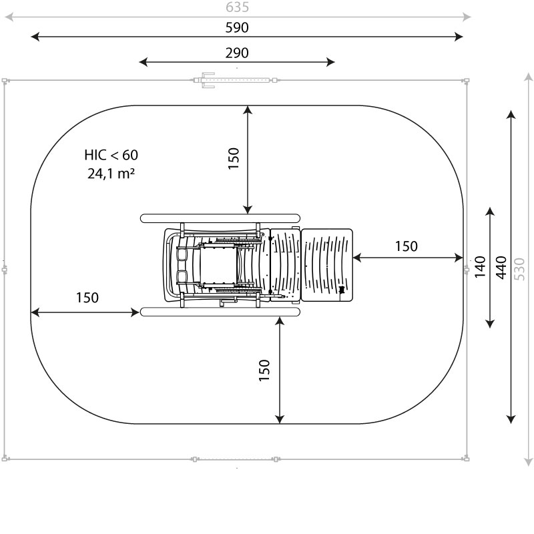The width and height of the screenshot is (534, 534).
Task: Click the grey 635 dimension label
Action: click(x=238, y=7)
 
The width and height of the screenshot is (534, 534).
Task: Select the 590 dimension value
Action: click(x=237, y=27)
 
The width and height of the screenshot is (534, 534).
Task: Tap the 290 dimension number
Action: click(x=237, y=53)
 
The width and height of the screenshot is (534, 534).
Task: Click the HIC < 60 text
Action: click(x=111, y=155)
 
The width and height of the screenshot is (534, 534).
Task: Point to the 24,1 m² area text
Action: click(x=111, y=174)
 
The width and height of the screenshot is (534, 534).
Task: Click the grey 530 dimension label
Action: click(x=520, y=269)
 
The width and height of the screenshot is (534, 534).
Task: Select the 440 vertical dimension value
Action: click(x=501, y=268)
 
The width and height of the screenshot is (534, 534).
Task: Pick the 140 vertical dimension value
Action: click(x=480, y=266)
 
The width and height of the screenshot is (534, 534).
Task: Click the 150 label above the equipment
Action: click(x=234, y=158)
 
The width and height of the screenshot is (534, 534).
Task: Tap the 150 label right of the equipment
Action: click(x=407, y=246)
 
